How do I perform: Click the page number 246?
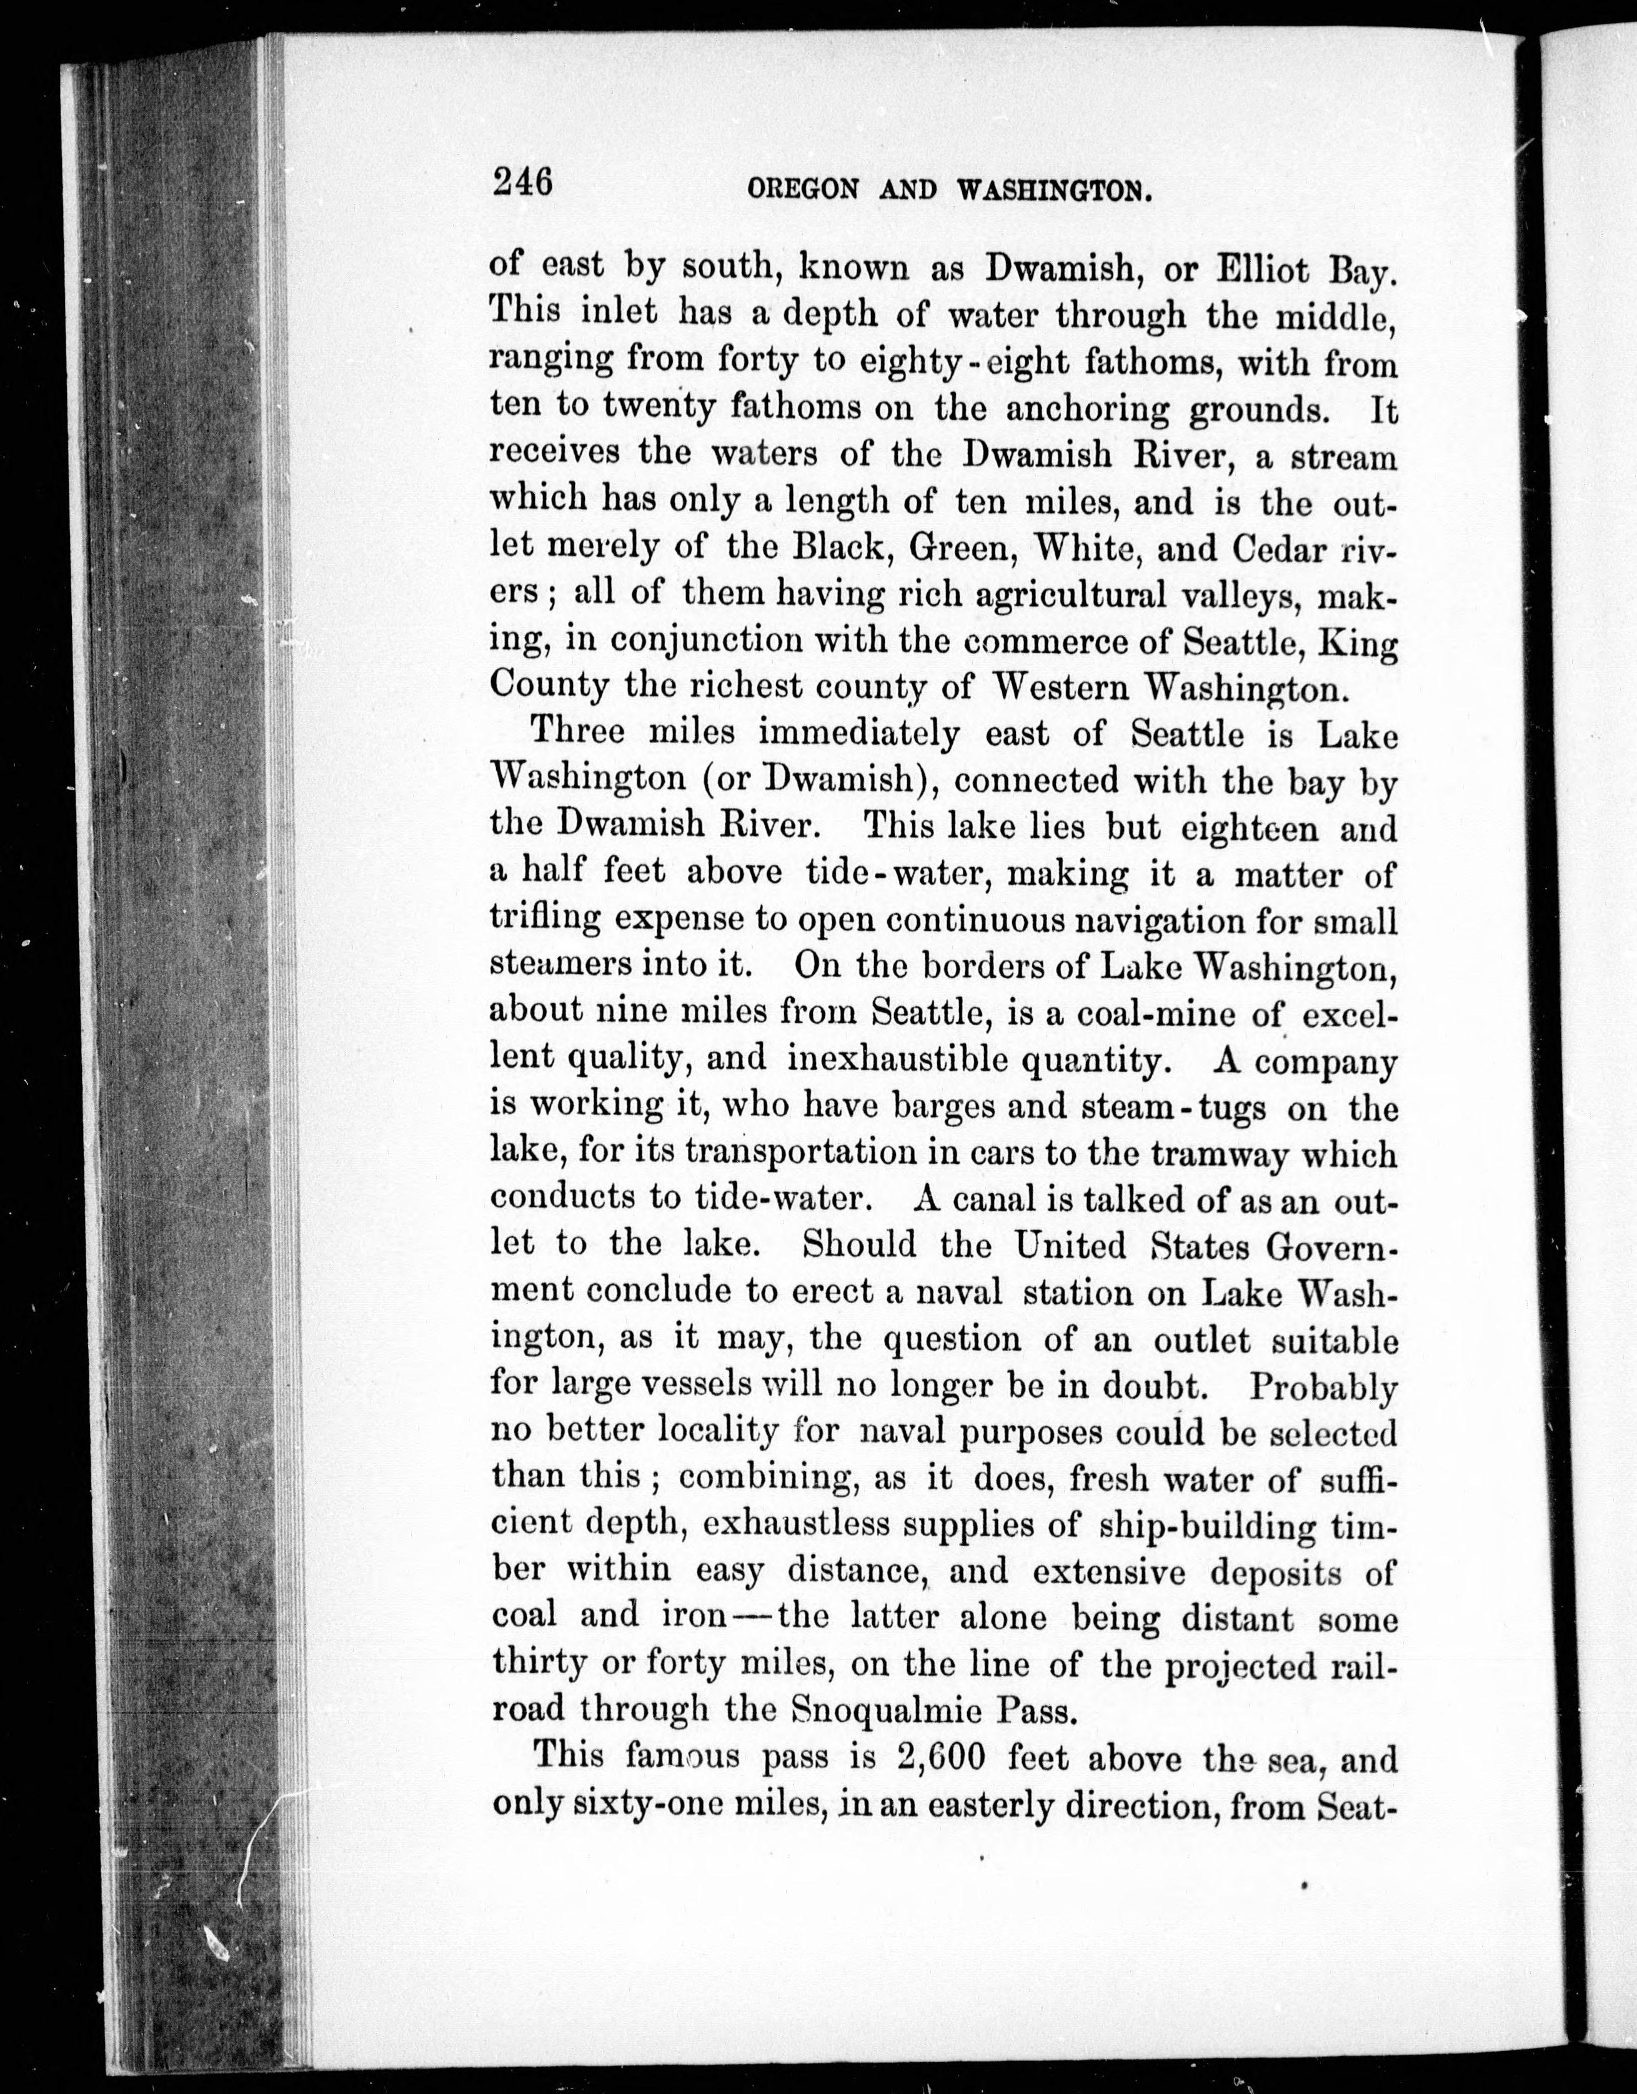522,181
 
